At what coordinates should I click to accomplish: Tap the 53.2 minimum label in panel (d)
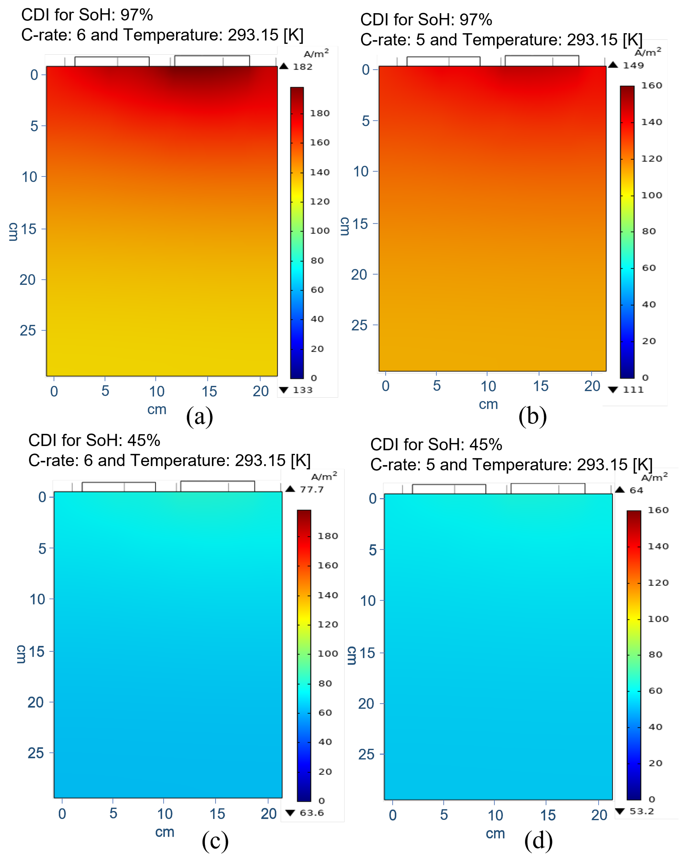click(641, 811)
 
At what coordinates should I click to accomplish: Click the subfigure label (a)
click(199, 416)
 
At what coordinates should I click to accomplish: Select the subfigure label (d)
click(538, 841)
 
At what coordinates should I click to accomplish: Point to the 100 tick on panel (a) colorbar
click(320, 231)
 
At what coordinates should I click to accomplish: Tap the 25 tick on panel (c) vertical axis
click(35, 753)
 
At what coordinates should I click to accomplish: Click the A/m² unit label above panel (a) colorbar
click(316, 53)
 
